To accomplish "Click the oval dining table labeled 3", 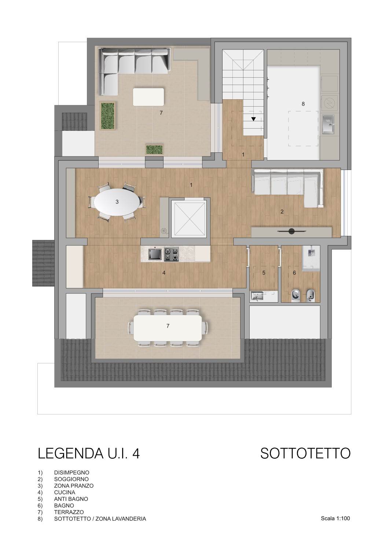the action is click(x=117, y=202).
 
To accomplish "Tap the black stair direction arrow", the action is click(x=253, y=119).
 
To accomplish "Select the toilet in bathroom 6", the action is click(x=295, y=295).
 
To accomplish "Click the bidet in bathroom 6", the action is click(x=311, y=295).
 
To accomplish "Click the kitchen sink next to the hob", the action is click(x=155, y=254).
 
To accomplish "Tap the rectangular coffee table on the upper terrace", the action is click(x=148, y=97).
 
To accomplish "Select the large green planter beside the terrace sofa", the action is click(x=107, y=115).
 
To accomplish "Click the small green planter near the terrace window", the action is click(x=154, y=149).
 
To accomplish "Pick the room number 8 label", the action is click(x=303, y=104).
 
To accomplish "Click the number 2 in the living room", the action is click(x=282, y=211).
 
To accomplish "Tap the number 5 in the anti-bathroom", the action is click(x=264, y=273).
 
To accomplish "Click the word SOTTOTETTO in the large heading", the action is click(x=305, y=453).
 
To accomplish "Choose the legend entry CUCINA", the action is click(x=65, y=492).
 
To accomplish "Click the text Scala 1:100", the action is click(x=335, y=518).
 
